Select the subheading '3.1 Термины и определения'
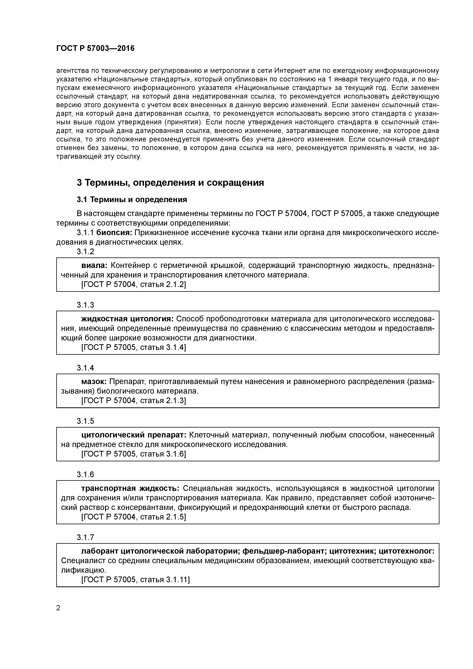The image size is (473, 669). pos(132,200)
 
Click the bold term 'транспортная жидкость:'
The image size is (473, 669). pos(130,488)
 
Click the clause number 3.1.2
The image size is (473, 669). pos(85,252)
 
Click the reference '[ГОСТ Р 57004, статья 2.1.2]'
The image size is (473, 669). pos(134,284)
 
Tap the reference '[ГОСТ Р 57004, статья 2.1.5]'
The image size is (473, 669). pos(134,517)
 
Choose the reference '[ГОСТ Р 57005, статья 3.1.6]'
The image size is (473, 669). pos(134,454)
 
